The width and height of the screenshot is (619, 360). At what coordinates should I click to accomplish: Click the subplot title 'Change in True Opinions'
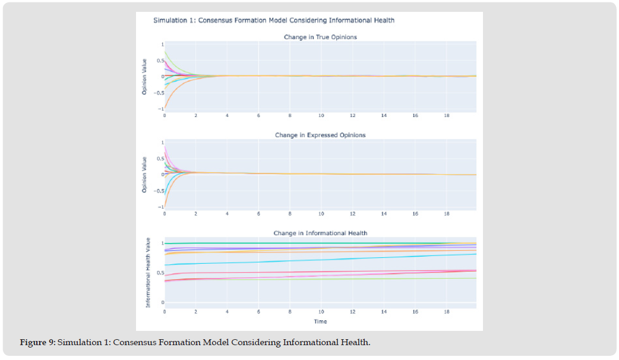[320, 37]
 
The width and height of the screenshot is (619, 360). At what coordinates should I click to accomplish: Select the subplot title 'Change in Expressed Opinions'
[320, 135]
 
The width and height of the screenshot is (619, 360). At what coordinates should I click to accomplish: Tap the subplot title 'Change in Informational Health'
[320, 233]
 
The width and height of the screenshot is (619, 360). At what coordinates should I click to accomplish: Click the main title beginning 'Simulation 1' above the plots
[274, 20]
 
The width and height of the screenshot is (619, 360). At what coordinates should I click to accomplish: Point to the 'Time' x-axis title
[320, 321]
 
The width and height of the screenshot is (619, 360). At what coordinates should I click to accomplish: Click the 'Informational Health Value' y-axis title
[148, 273]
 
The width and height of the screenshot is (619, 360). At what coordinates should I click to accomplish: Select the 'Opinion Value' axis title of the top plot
[144, 76]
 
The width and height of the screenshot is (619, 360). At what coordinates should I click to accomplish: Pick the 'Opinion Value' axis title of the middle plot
[144, 175]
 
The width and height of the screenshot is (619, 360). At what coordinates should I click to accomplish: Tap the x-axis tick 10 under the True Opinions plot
[321, 115]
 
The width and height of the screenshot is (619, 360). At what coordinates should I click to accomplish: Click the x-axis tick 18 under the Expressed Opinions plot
[447, 213]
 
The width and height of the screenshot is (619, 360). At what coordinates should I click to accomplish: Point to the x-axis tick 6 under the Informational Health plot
[258, 311]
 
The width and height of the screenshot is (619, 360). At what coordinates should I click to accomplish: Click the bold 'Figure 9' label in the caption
[37, 343]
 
